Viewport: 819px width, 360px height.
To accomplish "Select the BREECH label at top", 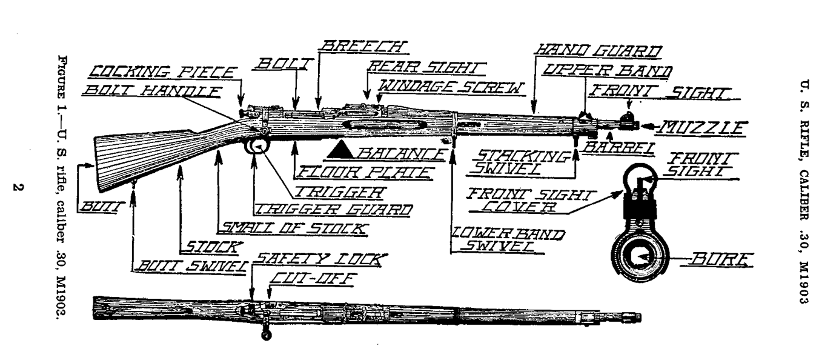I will pos(363,46).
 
